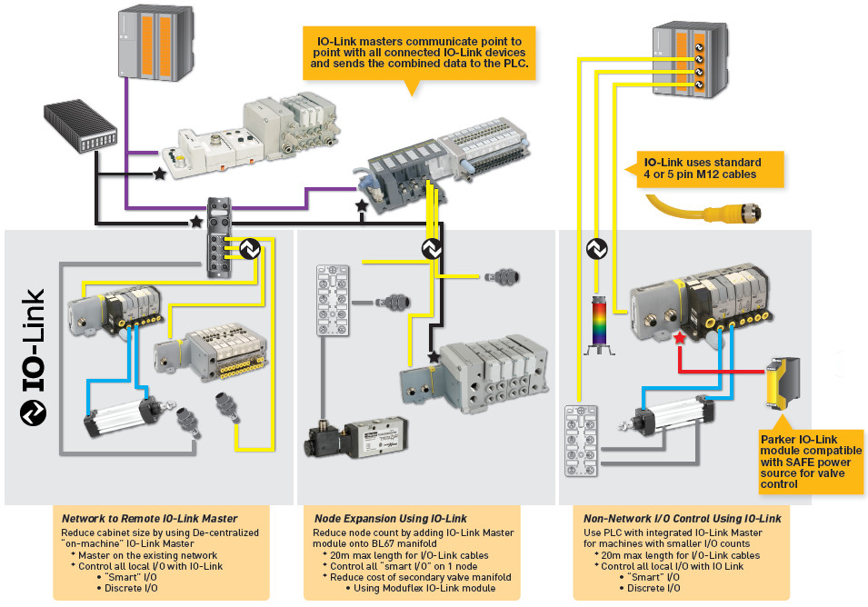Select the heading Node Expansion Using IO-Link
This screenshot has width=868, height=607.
tap(384, 518)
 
